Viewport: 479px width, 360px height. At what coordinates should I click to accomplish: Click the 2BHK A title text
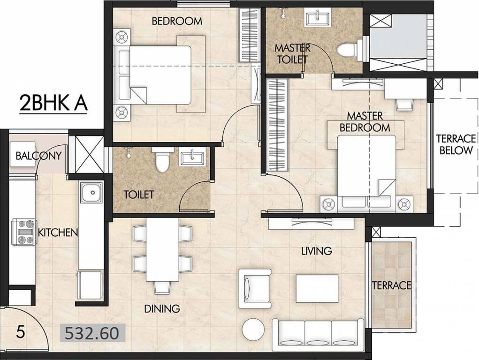coord(53,103)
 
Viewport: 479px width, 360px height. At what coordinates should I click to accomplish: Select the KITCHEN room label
coord(57,232)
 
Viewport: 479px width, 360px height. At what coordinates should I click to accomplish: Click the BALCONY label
coord(38,156)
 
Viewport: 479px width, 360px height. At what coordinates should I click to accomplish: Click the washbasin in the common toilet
coord(192,157)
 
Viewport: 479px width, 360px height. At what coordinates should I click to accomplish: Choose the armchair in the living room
coord(255,288)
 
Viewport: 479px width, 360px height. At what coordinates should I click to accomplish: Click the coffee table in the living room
coord(317,288)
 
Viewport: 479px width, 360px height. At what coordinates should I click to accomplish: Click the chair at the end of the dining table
coord(162,286)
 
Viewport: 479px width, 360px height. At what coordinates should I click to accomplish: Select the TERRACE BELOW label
coord(454,144)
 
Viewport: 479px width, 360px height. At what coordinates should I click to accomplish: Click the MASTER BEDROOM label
coord(365,121)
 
